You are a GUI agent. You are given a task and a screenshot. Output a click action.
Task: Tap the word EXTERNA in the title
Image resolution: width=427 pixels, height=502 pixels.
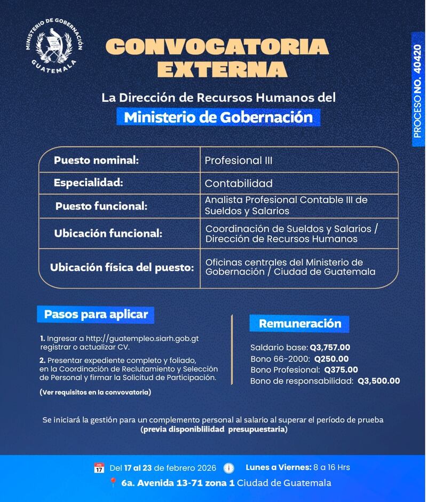pyautogui.click(x=222, y=69)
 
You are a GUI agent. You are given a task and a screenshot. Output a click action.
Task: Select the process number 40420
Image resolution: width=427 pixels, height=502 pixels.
pyautogui.click(x=417, y=59)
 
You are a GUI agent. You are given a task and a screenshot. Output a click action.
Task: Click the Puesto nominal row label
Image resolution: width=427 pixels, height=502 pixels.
pyautogui.click(x=96, y=160)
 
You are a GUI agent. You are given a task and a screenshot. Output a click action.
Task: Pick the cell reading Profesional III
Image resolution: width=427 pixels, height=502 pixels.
pyautogui.click(x=239, y=160)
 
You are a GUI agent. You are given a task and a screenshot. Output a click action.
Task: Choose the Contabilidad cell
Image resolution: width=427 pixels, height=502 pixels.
pyautogui.click(x=239, y=184)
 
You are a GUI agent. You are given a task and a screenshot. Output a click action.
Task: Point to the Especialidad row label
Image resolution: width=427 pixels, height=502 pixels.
pyautogui.click(x=88, y=183)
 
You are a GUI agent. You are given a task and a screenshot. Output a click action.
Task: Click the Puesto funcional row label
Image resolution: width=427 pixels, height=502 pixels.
pyautogui.click(x=101, y=206)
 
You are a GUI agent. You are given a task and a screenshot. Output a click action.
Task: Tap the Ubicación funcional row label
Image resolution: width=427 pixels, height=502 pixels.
pyautogui.click(x=108, y=233)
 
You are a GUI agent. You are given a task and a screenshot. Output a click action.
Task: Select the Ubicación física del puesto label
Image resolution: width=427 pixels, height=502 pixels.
pyautogui.click(x=122, y=268)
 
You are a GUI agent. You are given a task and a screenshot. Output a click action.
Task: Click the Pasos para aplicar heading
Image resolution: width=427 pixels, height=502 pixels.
pyautogui.click(x=96, y=314)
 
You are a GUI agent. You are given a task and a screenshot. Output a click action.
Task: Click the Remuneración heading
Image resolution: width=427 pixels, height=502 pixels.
pyautogui.click(x=299, y=324)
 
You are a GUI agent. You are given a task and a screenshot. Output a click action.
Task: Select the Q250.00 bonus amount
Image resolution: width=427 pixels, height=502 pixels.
pyautogui.click(x=331, y=359)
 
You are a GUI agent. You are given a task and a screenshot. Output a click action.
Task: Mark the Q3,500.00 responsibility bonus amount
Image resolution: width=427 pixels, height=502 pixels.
pyautogui.click(x=378, y=381)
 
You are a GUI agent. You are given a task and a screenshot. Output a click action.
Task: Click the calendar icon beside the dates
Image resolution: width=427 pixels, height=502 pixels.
pyautogui.click(x=99, y=468)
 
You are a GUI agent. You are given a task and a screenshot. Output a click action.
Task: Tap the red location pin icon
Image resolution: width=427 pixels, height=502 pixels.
pyautogui.click(x=113, y=483)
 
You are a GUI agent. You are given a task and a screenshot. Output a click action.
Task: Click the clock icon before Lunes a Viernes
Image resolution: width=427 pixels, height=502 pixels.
pyautogui.click(x=228, y=468)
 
